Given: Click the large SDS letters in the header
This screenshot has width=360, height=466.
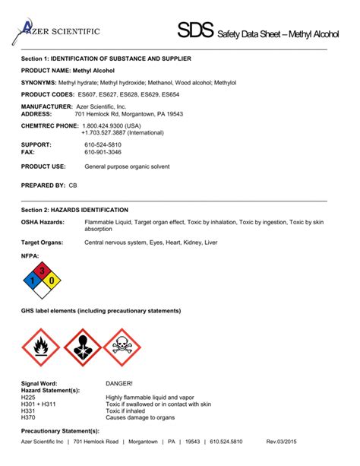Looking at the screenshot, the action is [x=196, y=31].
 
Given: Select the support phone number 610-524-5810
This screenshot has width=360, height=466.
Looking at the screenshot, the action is [x=102, y=144].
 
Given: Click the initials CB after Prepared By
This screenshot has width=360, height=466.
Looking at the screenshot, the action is [x=73, y=185].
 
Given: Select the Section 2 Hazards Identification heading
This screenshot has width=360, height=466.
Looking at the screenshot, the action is [x=74, y=209].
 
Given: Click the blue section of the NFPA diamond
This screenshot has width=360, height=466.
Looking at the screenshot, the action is [x=32, y=281].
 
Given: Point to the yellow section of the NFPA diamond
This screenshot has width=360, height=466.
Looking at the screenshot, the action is [x=52, y=281].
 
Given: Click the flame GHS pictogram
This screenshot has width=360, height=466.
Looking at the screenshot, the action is [x=39, y=347].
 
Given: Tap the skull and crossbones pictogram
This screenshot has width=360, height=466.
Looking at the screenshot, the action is [x=122, y=347].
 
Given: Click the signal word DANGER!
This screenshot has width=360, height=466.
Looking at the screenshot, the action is [x=119, y=384].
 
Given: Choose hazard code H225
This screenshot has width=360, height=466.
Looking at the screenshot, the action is [x=28, y=398].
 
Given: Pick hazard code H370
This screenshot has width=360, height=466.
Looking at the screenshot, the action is [x=28, y=418].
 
